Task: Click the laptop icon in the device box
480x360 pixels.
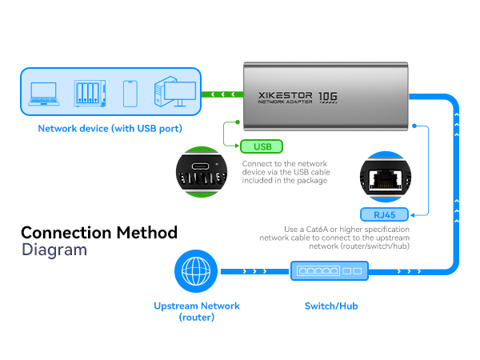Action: pyautogui.click(x=44, y=94)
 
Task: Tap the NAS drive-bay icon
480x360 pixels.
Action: pyautogui.click(x=90, y=94)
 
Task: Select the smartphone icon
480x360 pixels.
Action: pyautogui.click(x=130, y=94)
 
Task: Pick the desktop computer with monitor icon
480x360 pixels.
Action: pyautogui.click(x=175, y=91)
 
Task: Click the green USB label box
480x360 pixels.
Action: pyautogui.click(x=262, y=146)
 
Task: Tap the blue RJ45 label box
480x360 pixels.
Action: pyautogui.click(x=385, y=214)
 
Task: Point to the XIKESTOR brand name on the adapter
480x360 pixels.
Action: pyautogui.click(x=285, y=95)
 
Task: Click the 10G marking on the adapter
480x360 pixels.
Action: pyautogui.click(x=328, y=97)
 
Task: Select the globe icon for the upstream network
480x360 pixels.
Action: pyautogui.click(x=196, y=271)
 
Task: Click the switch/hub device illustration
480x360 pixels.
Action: pyautogui.click(x=330, y=271)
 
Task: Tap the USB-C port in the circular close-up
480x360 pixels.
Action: pyautogui.click(x=201, y=166)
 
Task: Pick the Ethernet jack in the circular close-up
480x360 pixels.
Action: pyautogui.click(x=386, y=179)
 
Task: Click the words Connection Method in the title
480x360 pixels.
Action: pyautogui.click(x=99, y=233)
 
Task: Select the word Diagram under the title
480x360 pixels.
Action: pyautogui.click(x=54, y=250)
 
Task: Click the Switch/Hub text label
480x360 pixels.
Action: pyautogui.click(x=331, y=306)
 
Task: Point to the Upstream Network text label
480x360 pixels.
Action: pyautogui.click(x=197, y=306)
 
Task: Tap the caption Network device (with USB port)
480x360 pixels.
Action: pyautogui.click(x=110, y=129)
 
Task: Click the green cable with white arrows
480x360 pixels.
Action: pyautogui.click(x=222, y=94)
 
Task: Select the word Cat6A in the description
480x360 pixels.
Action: pyautogui.click(x=317, y=230)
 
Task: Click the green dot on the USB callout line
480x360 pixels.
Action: pyautogui.click(x=238, y=122)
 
